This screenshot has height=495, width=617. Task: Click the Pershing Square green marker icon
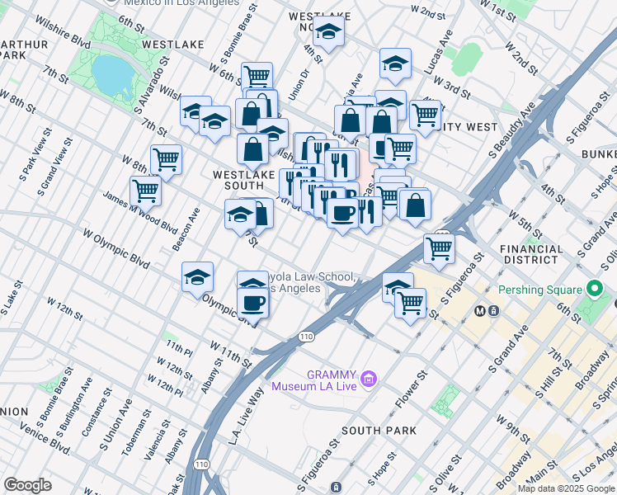pos(592,290)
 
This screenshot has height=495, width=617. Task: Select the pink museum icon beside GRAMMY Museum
pos(369,379)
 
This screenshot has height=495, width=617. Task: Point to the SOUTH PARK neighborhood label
pos(379,431)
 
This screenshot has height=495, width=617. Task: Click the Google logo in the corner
pos(28,485)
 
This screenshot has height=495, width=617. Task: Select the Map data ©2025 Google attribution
pos(566,488)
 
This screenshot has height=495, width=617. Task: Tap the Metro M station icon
pos(480,310)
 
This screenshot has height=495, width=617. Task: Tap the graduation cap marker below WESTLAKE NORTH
pos(329,34)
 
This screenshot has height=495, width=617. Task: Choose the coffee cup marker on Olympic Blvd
pos(252,303)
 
